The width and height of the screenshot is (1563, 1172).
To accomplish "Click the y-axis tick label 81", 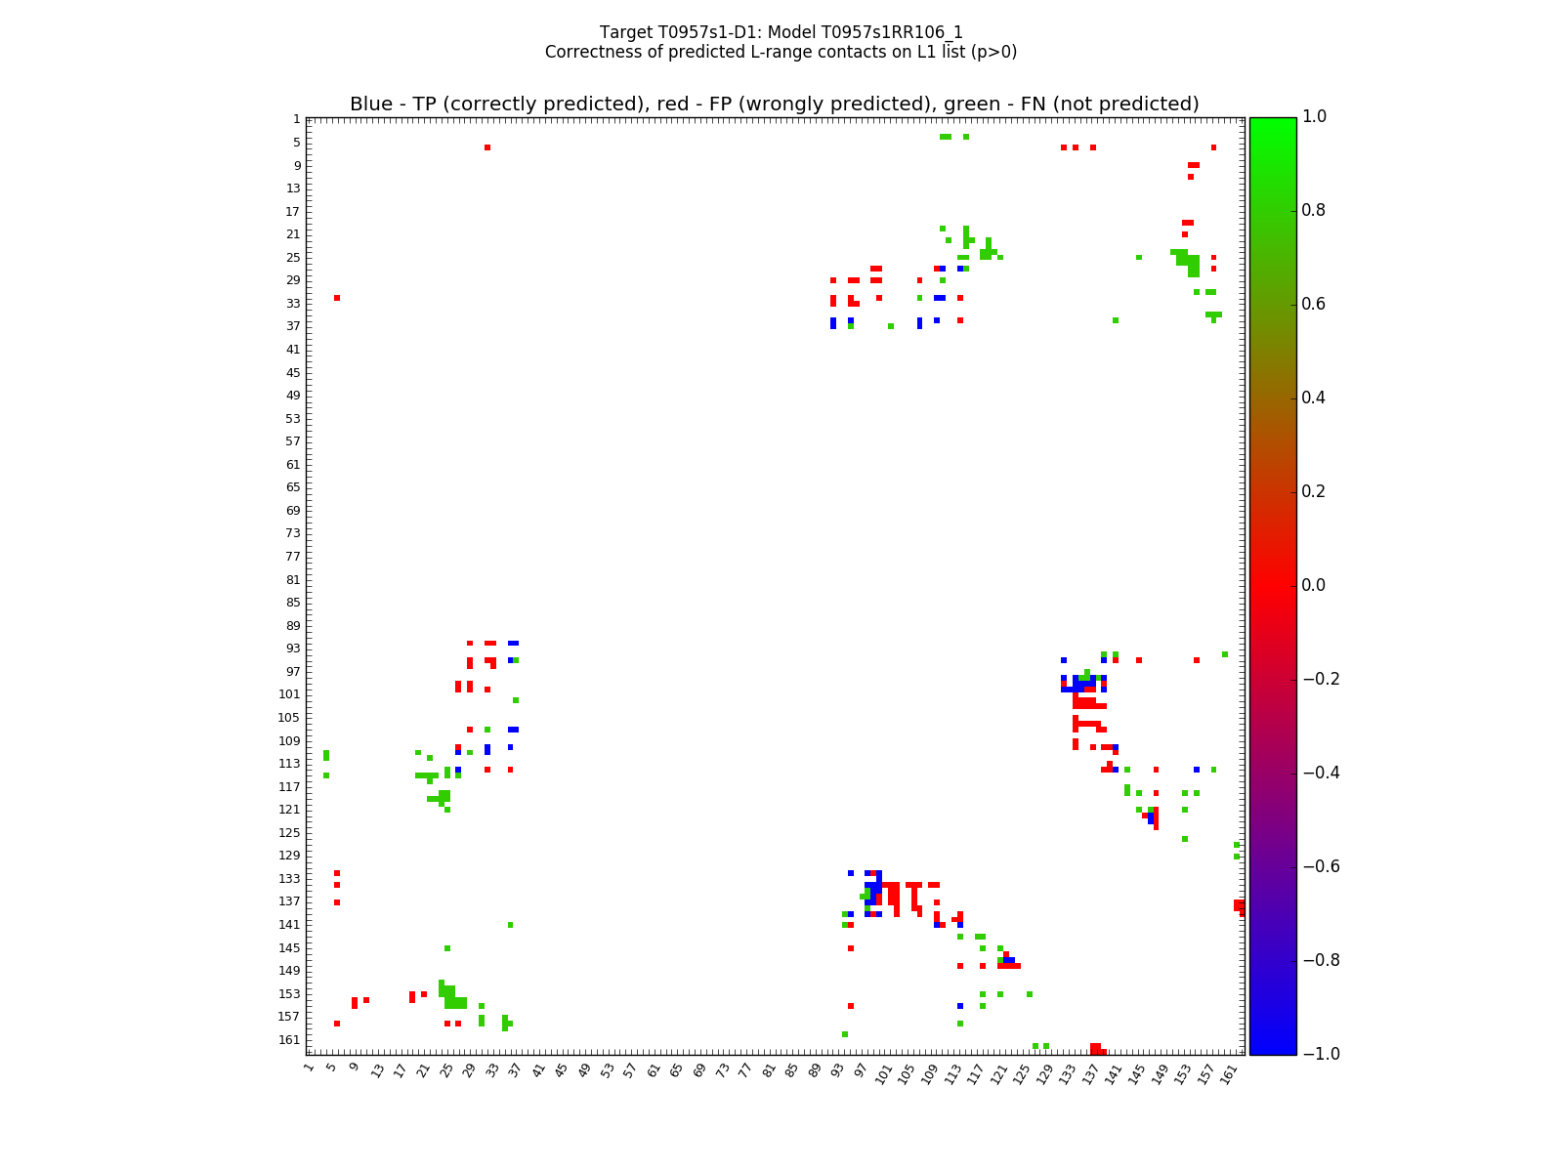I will [293, 579].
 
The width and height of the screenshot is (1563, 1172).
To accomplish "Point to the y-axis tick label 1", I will [296, 119].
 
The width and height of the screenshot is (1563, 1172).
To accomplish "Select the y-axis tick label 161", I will [290, 1039].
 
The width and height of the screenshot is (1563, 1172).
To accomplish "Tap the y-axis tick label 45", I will [293, 372].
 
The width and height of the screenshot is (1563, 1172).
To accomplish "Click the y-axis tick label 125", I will [290, 832].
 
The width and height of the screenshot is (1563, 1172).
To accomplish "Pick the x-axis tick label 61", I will [653, 1070].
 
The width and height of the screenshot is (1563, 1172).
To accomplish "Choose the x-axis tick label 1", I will [309, 1067].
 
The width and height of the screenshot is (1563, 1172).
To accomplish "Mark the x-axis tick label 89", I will [814, 1070].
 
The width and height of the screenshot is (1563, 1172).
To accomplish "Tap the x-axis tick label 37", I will [515, 1070].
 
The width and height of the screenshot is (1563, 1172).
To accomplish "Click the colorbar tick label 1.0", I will [1314, 117].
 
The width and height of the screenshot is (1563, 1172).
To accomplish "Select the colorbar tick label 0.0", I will [1314, 585].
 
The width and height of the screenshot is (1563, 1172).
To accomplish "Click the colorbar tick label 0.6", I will [1314, 304].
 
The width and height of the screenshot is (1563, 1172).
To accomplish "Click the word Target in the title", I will [623, 32].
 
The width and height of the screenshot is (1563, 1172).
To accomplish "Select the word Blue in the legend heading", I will [370, 105].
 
